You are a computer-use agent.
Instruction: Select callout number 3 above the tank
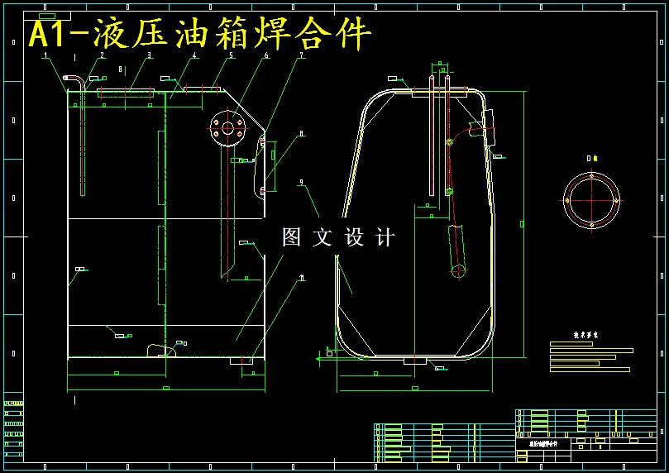tap(150, 55)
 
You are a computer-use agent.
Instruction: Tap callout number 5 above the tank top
tap(232, 55)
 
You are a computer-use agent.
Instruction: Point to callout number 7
tap(302, 55)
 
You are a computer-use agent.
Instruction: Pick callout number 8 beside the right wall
tap(302, 132)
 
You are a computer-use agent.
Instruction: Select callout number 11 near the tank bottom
tap(302, 278)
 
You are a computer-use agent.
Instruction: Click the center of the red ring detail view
tap(591, 201)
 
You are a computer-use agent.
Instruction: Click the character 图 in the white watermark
tap(292, 238)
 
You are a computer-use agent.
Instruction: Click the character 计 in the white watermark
tap(385, 238)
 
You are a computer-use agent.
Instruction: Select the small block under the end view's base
tap(413, 361)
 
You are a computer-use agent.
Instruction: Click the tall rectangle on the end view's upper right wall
tap(487, 127)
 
